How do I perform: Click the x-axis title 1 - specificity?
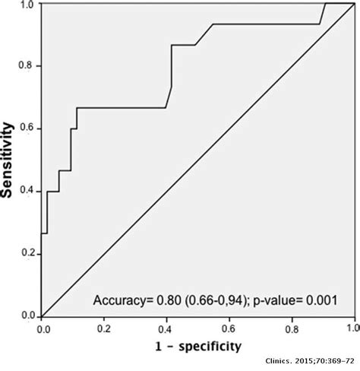pyautogui.click(x=197, y=347)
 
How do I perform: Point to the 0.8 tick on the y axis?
pyautogui.click(x=29, y=66)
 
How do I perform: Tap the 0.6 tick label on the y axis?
pyautogui.click(x=29, y=128)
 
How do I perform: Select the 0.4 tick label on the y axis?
pyautogui.click(x=29, y=191)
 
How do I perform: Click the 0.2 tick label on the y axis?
pyautogui.click(x=29, y=253)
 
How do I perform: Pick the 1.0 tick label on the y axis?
pyautogui.click(x=29, y=5)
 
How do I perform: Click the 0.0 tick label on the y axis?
pyautogui.click(x=29, y=315)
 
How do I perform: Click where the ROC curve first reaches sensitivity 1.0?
pyautogui.click(x=325, y=4)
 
